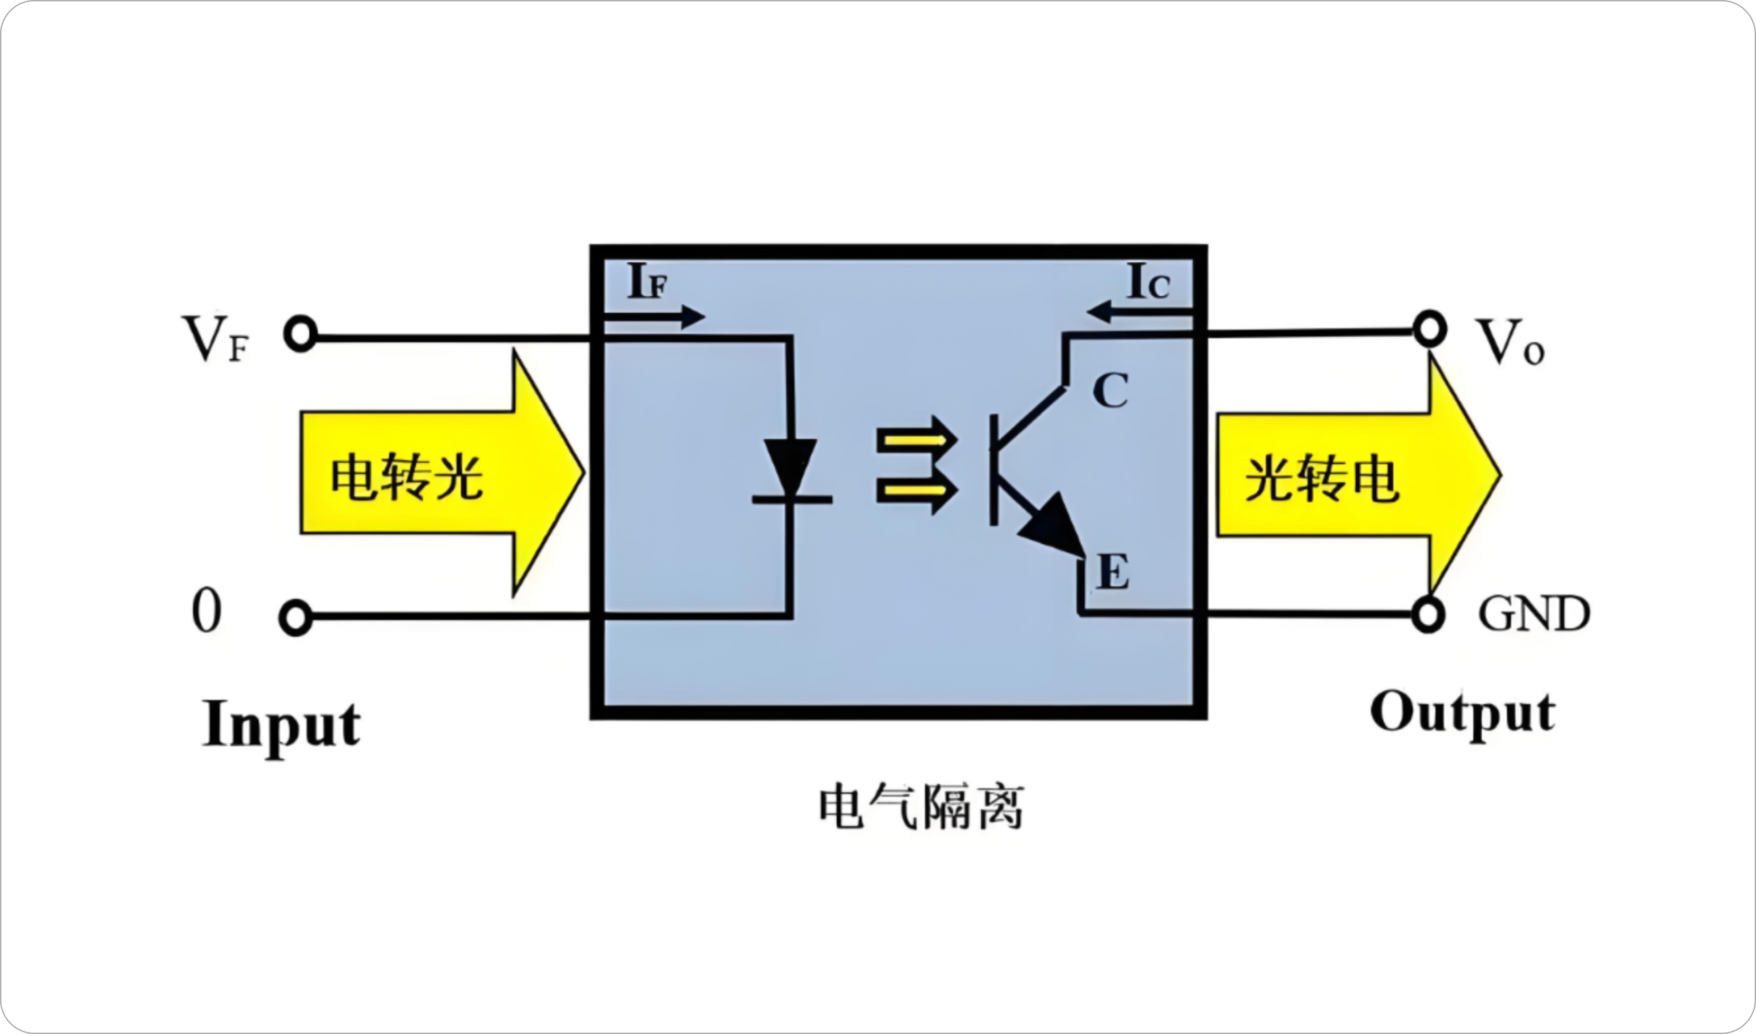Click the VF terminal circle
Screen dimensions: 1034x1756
(300, 334)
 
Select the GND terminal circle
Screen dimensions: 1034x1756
(1428, 615)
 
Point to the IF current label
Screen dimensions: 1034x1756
(647, 281)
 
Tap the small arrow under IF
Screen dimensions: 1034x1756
(655, 317)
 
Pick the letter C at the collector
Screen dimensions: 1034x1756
(1110, 391)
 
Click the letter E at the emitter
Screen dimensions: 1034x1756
(1113, 572)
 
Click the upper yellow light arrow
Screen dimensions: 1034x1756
(916, 440)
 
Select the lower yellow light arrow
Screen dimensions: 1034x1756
(916, 490)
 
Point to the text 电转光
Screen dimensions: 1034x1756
(406, 478)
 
